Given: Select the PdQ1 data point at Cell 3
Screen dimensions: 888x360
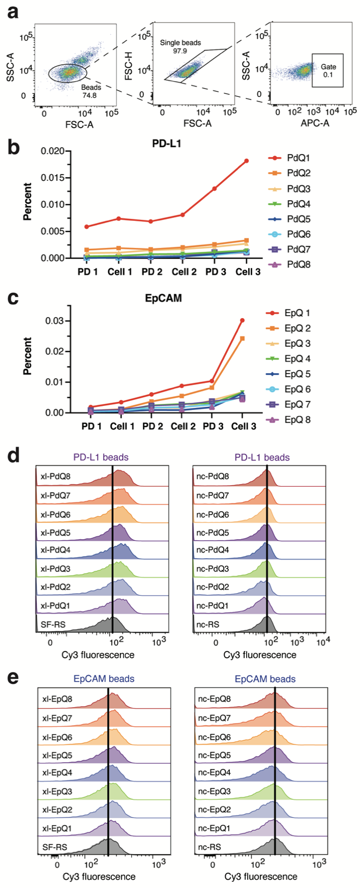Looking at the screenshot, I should (x=246, y=161).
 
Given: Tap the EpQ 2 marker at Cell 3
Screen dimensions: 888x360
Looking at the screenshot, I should (x=242, y=338).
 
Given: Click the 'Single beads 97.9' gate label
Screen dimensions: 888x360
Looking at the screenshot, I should (x=180, y=47).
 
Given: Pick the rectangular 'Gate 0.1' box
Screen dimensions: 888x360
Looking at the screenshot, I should (x=327, y=70).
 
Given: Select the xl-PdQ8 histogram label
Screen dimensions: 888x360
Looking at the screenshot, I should (x=56, y=477).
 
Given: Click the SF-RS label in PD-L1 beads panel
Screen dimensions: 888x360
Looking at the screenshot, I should (x=53, y=625).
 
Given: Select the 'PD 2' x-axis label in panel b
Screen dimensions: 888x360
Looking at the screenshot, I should (x=152, y=272).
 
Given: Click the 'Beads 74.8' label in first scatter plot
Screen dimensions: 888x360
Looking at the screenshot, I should (x=91, y=91).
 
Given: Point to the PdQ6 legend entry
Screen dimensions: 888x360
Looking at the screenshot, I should (x=299, y=234).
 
